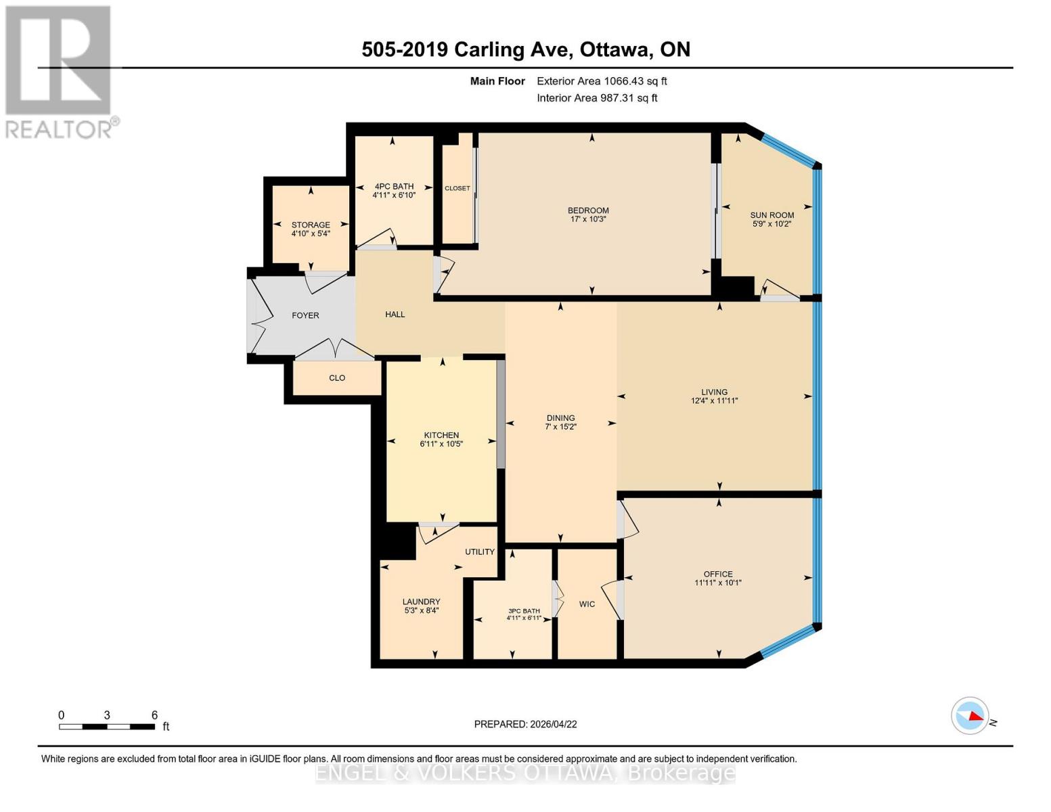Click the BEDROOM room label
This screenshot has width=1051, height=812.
point(588,210)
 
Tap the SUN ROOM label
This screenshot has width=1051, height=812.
point(772,215)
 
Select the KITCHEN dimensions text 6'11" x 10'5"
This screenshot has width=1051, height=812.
point(441,445)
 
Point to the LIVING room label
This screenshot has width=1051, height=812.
point(714,392)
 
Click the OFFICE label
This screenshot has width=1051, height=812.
point(718,574)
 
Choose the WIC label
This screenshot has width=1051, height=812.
point(587,604)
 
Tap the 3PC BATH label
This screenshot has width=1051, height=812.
point(524,611)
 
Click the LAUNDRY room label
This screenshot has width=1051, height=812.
point(421,602)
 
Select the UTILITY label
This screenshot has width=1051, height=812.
point(480,551)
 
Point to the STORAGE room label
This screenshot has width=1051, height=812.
point(311,225)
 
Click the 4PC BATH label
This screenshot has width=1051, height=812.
point(394,186)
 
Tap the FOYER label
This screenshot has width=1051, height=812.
point(305,315)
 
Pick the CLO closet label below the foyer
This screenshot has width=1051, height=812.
point(337,378)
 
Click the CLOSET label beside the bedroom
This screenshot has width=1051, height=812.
point(457,188)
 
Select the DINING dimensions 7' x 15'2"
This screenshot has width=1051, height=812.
point(560,427)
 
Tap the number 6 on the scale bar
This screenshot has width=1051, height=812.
point(154,715)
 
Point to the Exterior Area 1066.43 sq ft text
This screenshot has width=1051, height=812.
point(602,81)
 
